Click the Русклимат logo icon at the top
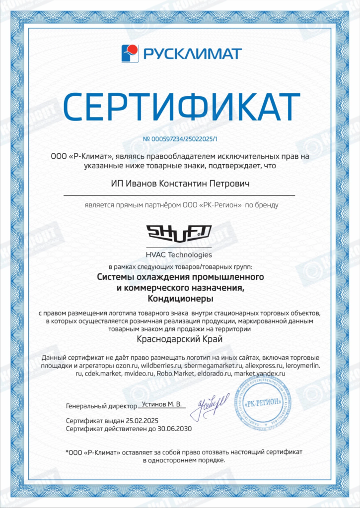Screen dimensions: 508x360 [130, 53]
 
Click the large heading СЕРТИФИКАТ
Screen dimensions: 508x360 [180, 106]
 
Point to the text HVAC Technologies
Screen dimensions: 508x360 [179, 255]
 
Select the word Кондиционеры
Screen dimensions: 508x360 [180, 299]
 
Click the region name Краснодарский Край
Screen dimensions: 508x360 [180, 339]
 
